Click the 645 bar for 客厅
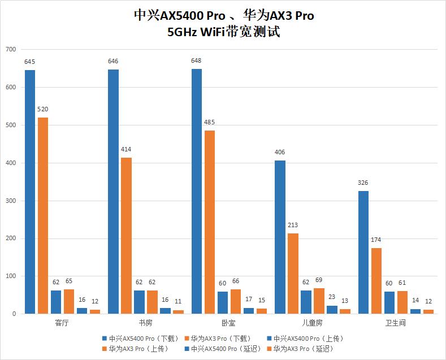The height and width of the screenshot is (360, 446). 29,192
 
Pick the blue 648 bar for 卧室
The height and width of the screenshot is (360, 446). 197,192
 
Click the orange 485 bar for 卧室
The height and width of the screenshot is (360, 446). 210,222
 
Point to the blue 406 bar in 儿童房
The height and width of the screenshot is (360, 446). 280,237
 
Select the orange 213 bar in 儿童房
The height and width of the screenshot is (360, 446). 293,274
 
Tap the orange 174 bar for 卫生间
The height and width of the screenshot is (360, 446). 376,281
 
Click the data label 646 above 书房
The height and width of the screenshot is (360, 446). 113,61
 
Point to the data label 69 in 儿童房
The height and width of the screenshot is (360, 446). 318,280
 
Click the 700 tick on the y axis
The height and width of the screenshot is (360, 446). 10,50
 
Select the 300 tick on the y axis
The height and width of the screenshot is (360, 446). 10,201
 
